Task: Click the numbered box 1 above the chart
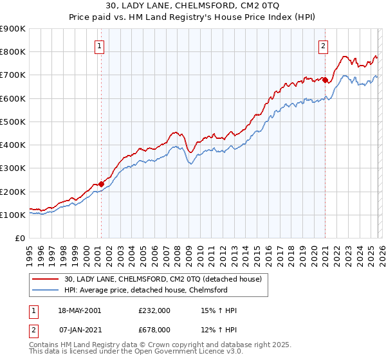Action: [x=101, y=45]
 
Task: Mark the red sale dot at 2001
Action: [x=102, y=184]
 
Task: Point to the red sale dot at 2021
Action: [x=326, y=80]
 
